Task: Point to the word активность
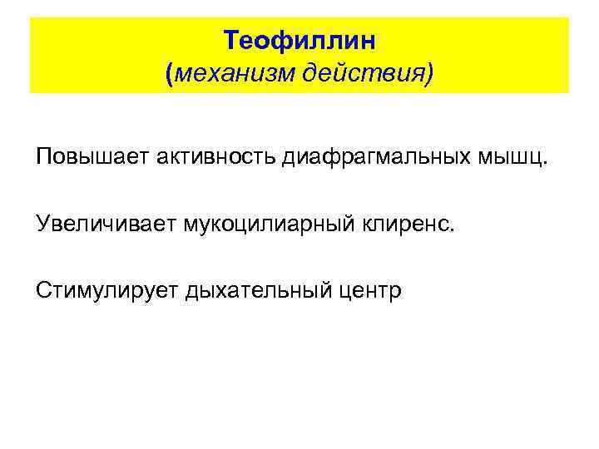click(207, 157)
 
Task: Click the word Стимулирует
click(106, 290)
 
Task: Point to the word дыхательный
click(255, 290)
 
